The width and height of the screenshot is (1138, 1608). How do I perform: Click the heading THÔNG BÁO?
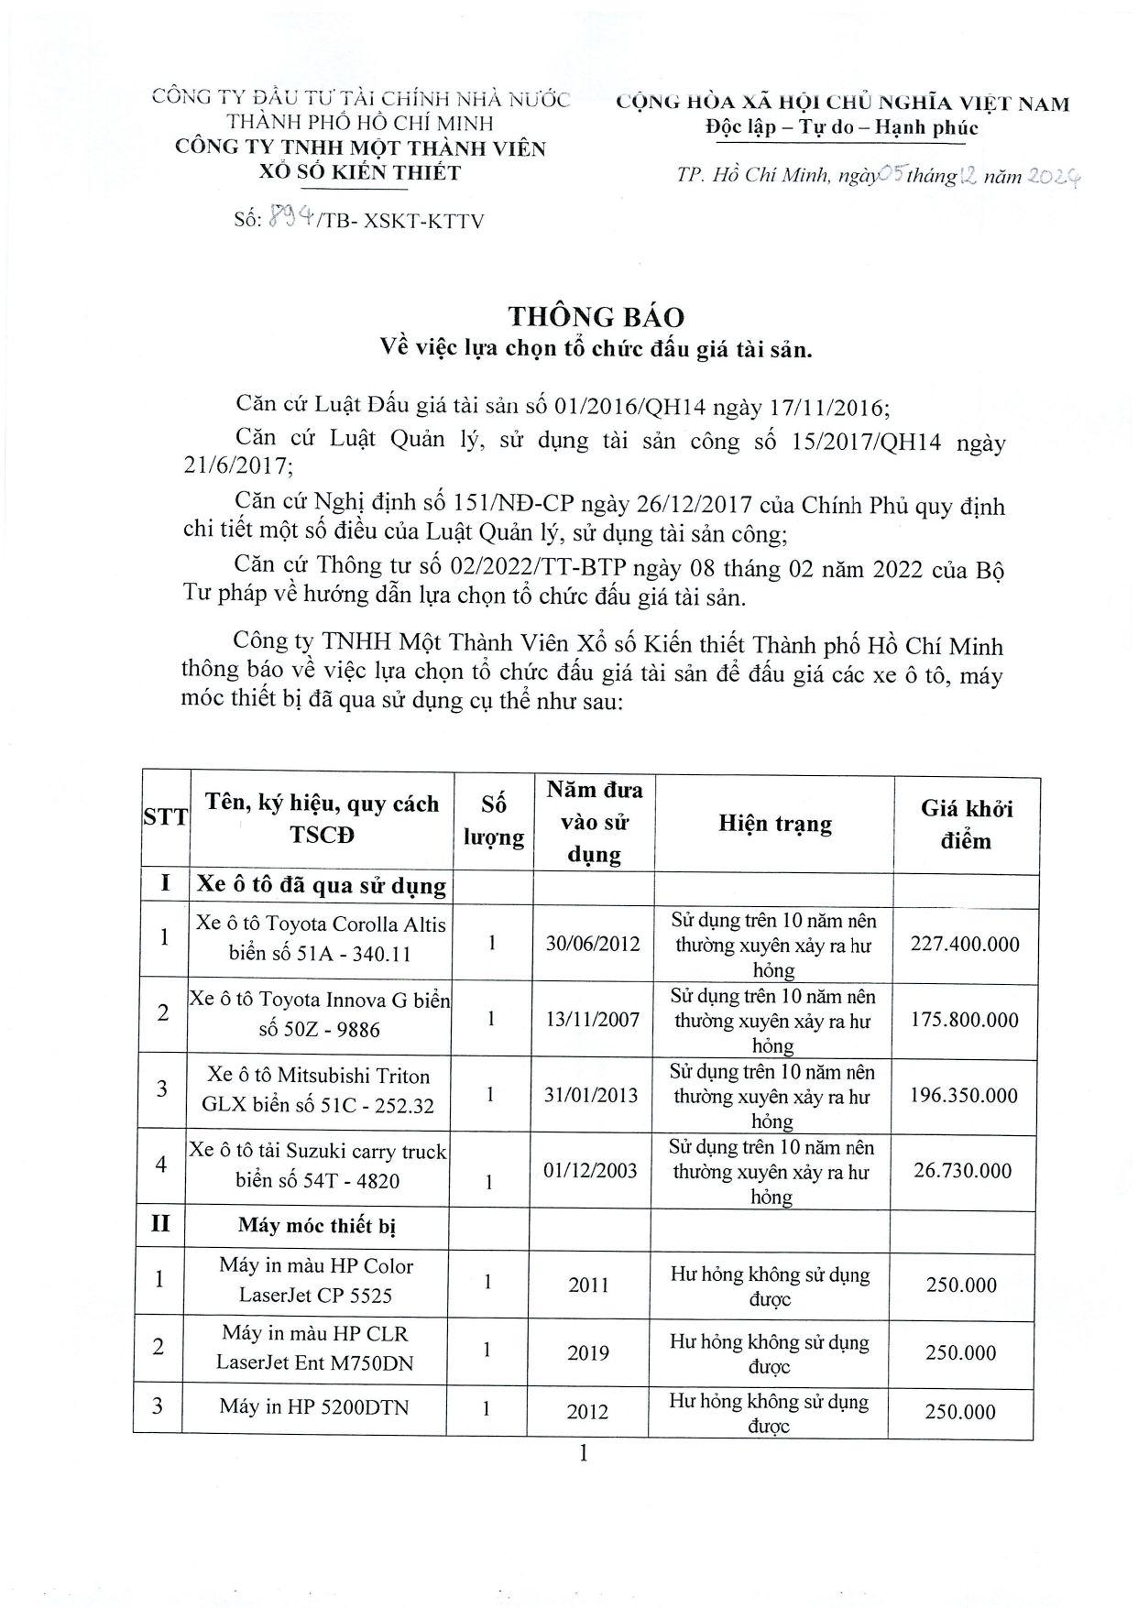coord(596,317)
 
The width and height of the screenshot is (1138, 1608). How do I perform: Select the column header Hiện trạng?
coord(774,823)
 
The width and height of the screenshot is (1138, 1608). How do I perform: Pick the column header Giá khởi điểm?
coord(966,824)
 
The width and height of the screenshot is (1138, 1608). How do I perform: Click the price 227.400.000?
coord(964,944)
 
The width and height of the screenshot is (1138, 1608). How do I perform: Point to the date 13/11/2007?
coord(592,1019)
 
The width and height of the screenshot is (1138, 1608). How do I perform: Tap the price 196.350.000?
coord(963,1095)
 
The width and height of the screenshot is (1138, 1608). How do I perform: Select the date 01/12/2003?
coord(590,1170)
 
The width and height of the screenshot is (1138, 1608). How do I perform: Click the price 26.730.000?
coord(962,1170)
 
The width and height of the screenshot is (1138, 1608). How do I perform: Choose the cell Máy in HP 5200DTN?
coord(314,1406)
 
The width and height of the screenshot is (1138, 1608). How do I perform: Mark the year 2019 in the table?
coord(587,1352)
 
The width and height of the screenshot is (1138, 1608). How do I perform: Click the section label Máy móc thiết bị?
coord(317,1225)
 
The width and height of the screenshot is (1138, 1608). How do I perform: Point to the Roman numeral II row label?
coord(160,1223)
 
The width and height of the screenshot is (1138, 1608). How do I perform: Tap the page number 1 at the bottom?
coord(583,1453)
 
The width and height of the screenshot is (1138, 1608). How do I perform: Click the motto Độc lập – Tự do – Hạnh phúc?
coord(841,127)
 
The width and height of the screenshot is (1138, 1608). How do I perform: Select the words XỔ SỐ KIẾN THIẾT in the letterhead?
coord(359,172)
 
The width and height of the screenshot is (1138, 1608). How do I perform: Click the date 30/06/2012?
coord(593,943)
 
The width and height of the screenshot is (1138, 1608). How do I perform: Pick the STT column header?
coord(165,817)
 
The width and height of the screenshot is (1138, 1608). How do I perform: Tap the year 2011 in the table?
coord(588,1285)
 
